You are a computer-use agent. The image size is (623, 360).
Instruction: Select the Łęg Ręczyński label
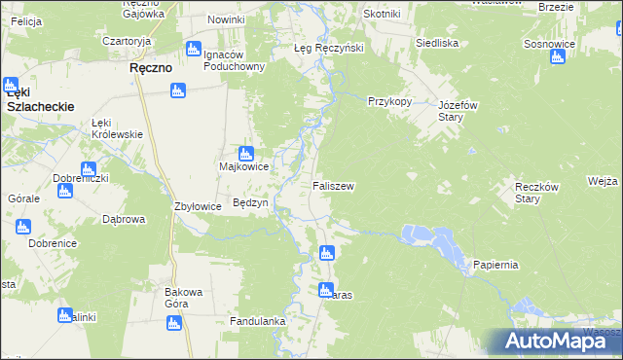pyautogui.click(x=329, y=48)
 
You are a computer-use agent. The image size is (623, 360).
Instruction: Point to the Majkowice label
pyautogui.click(x=243, y=166)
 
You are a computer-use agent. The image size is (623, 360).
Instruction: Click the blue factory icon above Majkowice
pyautogui.click(x=246, y=152)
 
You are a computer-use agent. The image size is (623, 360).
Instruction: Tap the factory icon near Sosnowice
pyautogui.click(x=558, y=56)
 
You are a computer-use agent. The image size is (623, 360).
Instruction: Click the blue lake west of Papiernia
pyautogui.click(x=433, y=238)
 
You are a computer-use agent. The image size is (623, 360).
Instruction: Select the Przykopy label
pyautogui.click(x=390, y=101)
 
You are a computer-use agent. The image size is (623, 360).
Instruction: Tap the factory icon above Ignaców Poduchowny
pyautogui.click(x=193, y=49)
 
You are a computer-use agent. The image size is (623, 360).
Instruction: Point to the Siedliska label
pyautogui.click(x=437, y=44)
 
